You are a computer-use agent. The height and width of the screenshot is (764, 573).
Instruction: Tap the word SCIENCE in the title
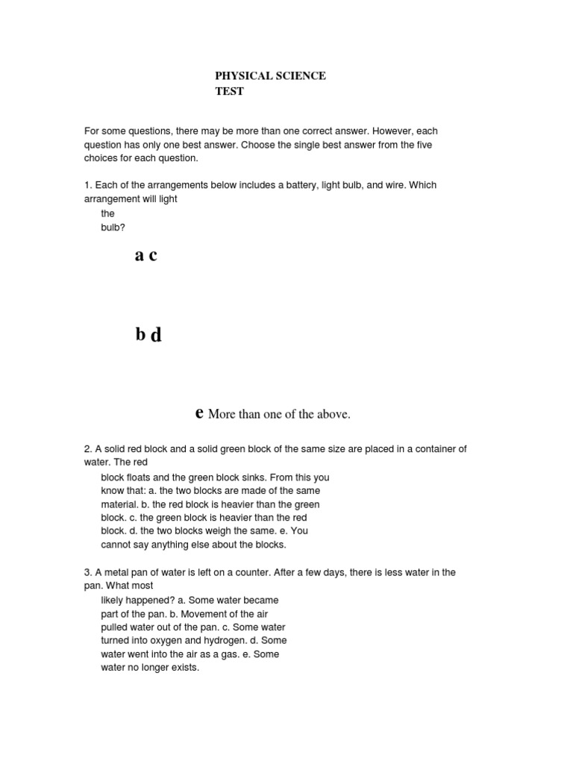[301, 76]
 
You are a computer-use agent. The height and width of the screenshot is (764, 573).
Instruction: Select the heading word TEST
[229, 92]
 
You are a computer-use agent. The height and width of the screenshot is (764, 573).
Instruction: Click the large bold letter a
[139, 256]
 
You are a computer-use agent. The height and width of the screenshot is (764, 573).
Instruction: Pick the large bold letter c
[153, 256]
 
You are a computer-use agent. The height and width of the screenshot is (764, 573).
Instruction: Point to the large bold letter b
[140, 335]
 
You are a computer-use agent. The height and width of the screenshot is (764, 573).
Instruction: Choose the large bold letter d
[156, 336]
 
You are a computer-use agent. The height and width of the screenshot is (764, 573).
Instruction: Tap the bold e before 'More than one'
[199, 413]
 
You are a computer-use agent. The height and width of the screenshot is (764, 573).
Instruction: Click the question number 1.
[87, 185]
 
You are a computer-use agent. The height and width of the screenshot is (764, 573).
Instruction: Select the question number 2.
[87, 449]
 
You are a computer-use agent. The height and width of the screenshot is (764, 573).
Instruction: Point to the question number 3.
[87, 572]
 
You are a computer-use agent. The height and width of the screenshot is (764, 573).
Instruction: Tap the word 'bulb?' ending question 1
[113, 227]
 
